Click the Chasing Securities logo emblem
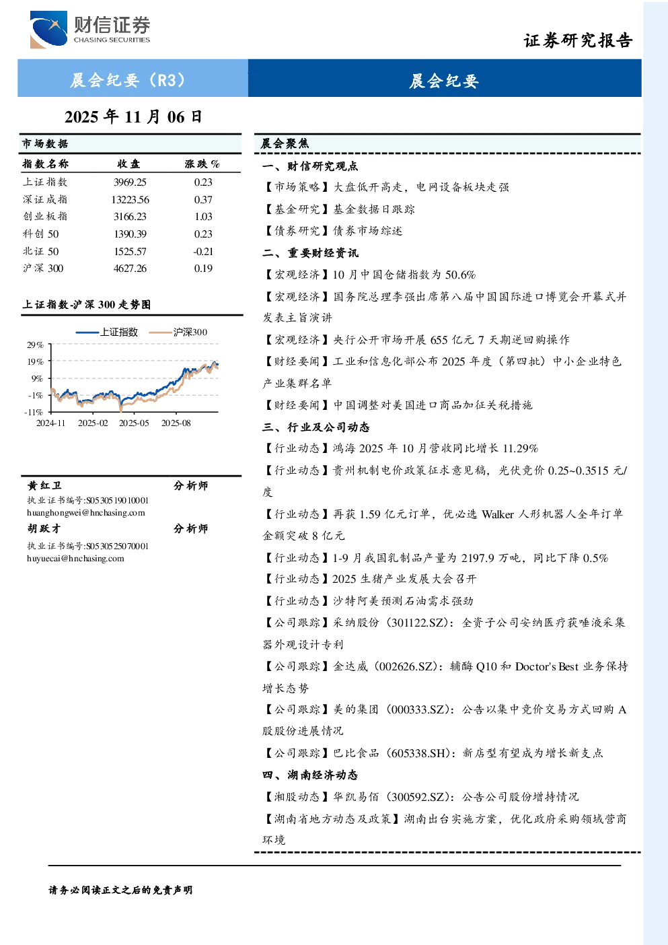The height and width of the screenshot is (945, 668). (48, 29)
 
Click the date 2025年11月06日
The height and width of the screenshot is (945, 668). (133, 117)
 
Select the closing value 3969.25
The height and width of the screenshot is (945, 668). (130, 182)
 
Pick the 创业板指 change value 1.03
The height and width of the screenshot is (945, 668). (203, 217)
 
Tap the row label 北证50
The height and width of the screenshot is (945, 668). (41, 252)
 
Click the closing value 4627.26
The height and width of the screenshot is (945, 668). (130, 269)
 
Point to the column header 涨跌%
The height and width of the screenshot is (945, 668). (202, 164)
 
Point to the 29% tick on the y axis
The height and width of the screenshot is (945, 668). (36, 345)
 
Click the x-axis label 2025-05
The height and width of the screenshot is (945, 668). (134, 423)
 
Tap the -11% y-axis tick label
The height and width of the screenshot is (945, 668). (34, 412)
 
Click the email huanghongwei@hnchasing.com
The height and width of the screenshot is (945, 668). (86, 513)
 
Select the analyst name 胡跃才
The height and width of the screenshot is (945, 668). (44, 528)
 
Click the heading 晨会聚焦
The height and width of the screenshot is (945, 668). (285, 144)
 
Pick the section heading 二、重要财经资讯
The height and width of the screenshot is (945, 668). (310, 253)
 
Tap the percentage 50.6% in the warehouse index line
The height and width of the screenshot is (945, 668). (461, 275)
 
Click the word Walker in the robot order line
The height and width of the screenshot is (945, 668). (498, 514)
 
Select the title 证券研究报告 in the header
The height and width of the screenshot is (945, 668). (578, 40)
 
